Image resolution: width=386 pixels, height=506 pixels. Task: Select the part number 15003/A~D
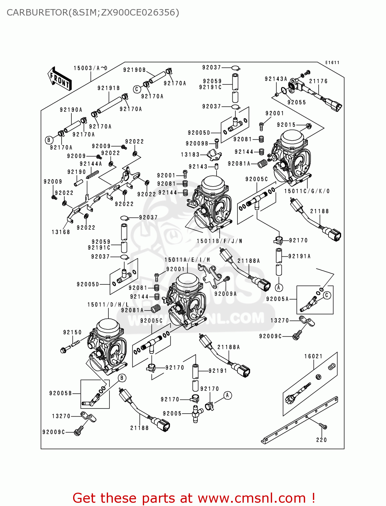point(90,68)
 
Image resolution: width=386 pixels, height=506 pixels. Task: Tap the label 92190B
point(134,70)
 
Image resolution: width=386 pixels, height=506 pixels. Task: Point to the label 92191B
point(108,88)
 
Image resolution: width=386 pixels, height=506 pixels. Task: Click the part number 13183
point(190,154)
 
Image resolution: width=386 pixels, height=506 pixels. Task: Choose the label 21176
point(318,81)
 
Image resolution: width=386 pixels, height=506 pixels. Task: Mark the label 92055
point(297,103)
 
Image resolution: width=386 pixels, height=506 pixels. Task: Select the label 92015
point(286,125)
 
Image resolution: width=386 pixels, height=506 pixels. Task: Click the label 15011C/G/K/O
point(307,191)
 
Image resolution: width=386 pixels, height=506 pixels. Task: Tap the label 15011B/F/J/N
point(219,241)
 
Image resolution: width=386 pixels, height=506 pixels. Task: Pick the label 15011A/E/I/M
point(187,260)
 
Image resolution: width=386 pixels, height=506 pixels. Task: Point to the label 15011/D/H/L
point(108,305)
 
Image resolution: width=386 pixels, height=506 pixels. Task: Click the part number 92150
point(72,332)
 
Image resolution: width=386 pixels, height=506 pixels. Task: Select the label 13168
point(61,232)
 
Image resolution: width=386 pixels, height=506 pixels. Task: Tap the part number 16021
point(313,356)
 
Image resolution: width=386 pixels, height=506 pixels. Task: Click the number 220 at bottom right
point(321,440)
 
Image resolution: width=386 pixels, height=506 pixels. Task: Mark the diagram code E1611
point(332,63)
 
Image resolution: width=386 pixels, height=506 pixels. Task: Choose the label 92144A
point(91,164)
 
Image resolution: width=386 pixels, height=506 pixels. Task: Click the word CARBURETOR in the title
point(37,12)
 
